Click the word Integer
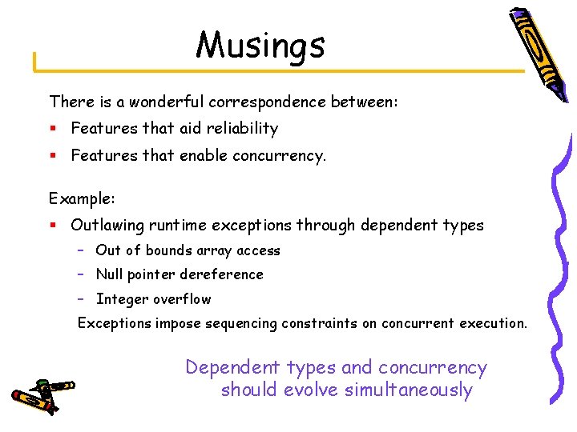point(121,299)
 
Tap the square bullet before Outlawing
point(53,226)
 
